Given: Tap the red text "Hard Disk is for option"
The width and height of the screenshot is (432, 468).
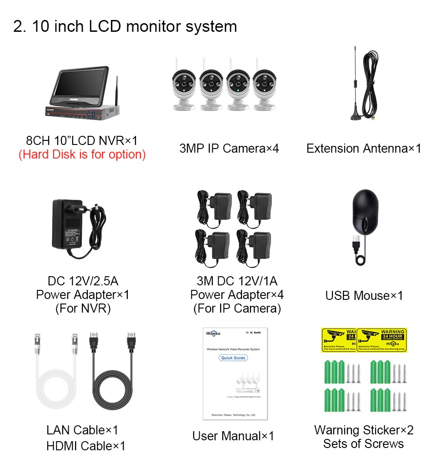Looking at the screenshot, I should [x=82, y=154].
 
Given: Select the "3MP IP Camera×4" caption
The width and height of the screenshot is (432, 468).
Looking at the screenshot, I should [x=229, y=149].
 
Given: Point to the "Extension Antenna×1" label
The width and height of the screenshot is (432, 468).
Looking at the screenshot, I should [x=363, y=149].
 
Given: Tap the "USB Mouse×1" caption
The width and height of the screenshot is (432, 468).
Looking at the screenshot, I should [x=364, y=296].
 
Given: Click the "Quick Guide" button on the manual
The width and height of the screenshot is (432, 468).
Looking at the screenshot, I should [x=233, y=358].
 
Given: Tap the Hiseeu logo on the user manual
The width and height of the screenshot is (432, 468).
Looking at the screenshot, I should [x=212, y=333].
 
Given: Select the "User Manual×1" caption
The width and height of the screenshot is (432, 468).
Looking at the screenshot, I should [x=233, y=436].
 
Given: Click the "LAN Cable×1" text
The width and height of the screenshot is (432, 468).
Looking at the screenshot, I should [x=82, y=430].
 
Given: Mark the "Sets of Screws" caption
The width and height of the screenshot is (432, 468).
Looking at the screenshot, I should [x=363, y=444].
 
